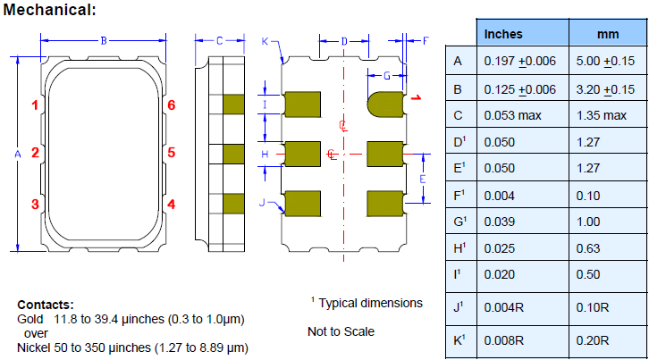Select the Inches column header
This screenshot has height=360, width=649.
[x=503, y=34]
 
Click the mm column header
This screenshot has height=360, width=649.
[x=607, y=34]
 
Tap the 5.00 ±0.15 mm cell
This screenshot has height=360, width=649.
[x=606, y=62]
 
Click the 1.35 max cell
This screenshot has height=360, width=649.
[x=602, y=115]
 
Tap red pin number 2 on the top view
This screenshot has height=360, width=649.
[x=36, y=152]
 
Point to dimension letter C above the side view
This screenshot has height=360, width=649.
[x=219, y=40]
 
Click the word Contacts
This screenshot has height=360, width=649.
[x=45, y=305]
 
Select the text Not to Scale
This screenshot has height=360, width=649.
[x=341, y=331]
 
